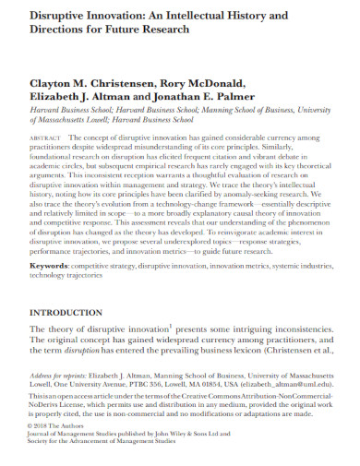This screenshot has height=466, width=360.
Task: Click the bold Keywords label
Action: [x=49, y=265]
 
